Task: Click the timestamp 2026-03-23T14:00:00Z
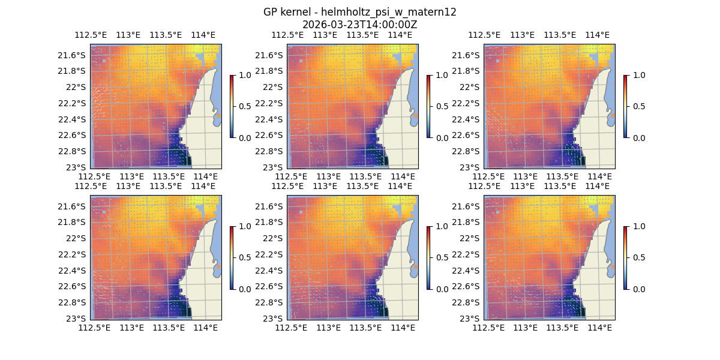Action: [360, 25]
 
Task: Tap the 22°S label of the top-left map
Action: [77, 87]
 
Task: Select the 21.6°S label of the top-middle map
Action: [270, 55]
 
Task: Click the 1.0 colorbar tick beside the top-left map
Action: [245, 75]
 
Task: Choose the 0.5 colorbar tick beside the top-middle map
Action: [442, 106]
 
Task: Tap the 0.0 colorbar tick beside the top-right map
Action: [638, 137]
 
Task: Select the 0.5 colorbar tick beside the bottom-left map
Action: [245, 257]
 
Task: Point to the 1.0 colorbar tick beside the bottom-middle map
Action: [442, 226]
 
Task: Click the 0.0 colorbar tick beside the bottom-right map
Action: [638, 289]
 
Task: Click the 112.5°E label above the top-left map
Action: [91, 35]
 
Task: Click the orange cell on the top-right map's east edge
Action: [613, 115]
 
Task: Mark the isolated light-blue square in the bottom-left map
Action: [104, 212]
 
